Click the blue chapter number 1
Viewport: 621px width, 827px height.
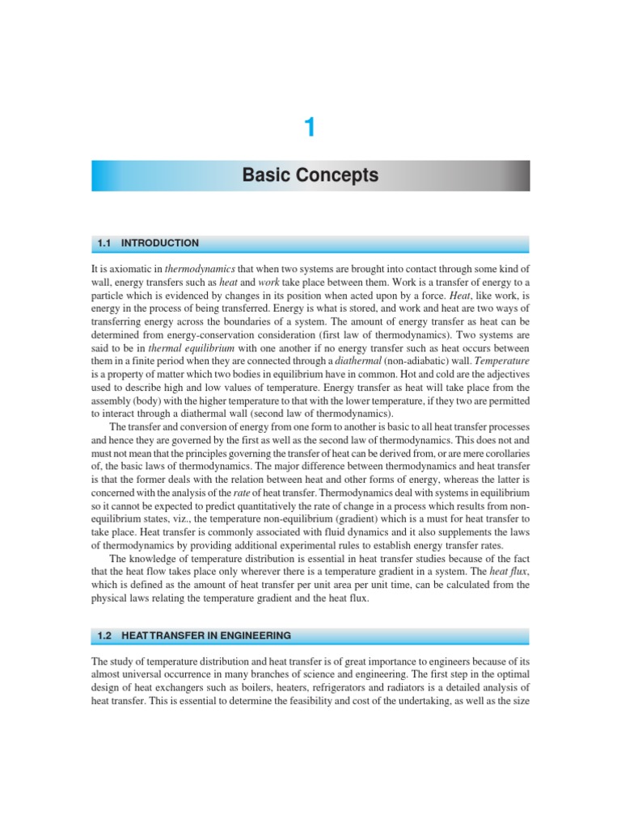point(310,128)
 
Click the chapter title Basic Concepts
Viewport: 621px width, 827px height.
point(310,175)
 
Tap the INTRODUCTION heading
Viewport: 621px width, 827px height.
point(160,243)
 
